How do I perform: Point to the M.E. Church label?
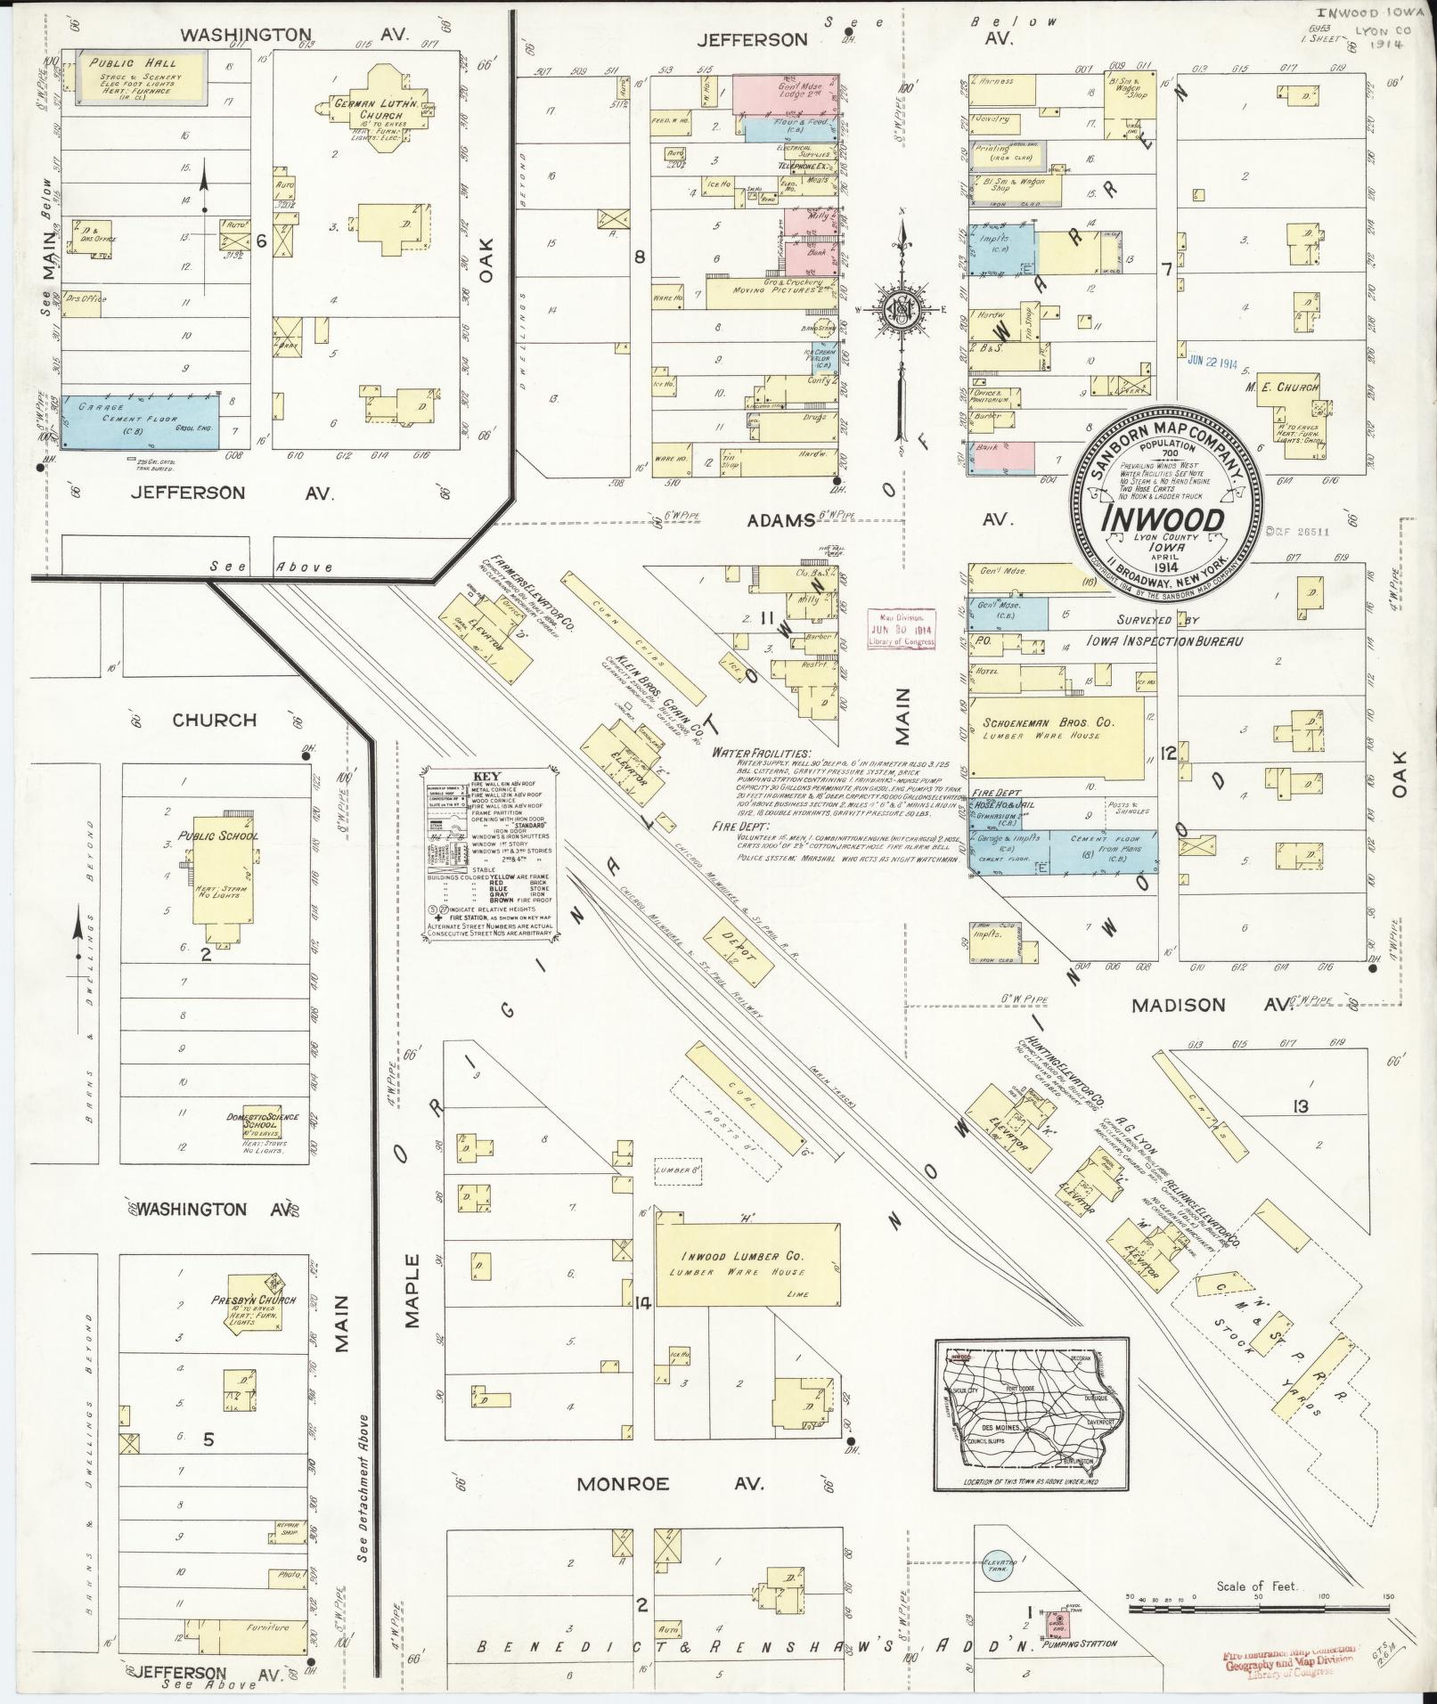[x=1284, y=387]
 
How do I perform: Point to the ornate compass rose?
[x=900, y=310]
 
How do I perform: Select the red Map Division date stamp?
[x=902, y=629]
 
